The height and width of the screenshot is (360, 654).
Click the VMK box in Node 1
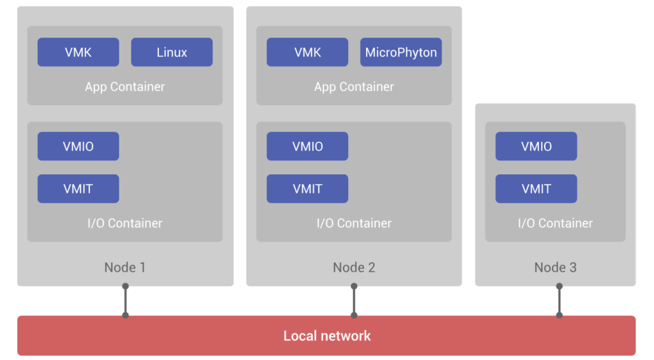(x=78, y=52)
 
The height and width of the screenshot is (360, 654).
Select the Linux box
(x=172, y=52)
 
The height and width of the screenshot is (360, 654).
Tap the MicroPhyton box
(x=401, y=52)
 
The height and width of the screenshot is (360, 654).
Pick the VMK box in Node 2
(x=307, y=52)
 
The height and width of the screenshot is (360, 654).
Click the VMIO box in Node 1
(x=78, y=146)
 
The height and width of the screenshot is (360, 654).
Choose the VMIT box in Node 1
(x=78, y=189)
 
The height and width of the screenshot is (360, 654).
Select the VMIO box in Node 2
(x=307, y=146)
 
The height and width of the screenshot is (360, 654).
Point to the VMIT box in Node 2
(x=307, y=189)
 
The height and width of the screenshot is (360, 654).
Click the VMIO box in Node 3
(x=536, y=146)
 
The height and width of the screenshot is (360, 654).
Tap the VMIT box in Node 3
(x=536, y=189)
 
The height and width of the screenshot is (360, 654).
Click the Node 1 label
(x=125, y=267)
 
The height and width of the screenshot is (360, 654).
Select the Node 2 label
(x=354, y=267)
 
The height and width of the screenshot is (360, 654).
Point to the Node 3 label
(x=555, y=267)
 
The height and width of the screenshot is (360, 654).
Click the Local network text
(x=327, y=336)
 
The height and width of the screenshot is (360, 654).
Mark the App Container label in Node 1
(x=125, y=87)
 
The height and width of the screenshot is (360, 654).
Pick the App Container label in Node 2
(x=354, y=87)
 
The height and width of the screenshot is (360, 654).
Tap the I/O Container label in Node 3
(x=555, y=223)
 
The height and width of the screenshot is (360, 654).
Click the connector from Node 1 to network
(x=125, y=301)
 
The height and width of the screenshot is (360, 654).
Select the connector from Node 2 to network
(x=354, y=301)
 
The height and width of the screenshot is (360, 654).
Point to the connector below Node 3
(x=559, y=301)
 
